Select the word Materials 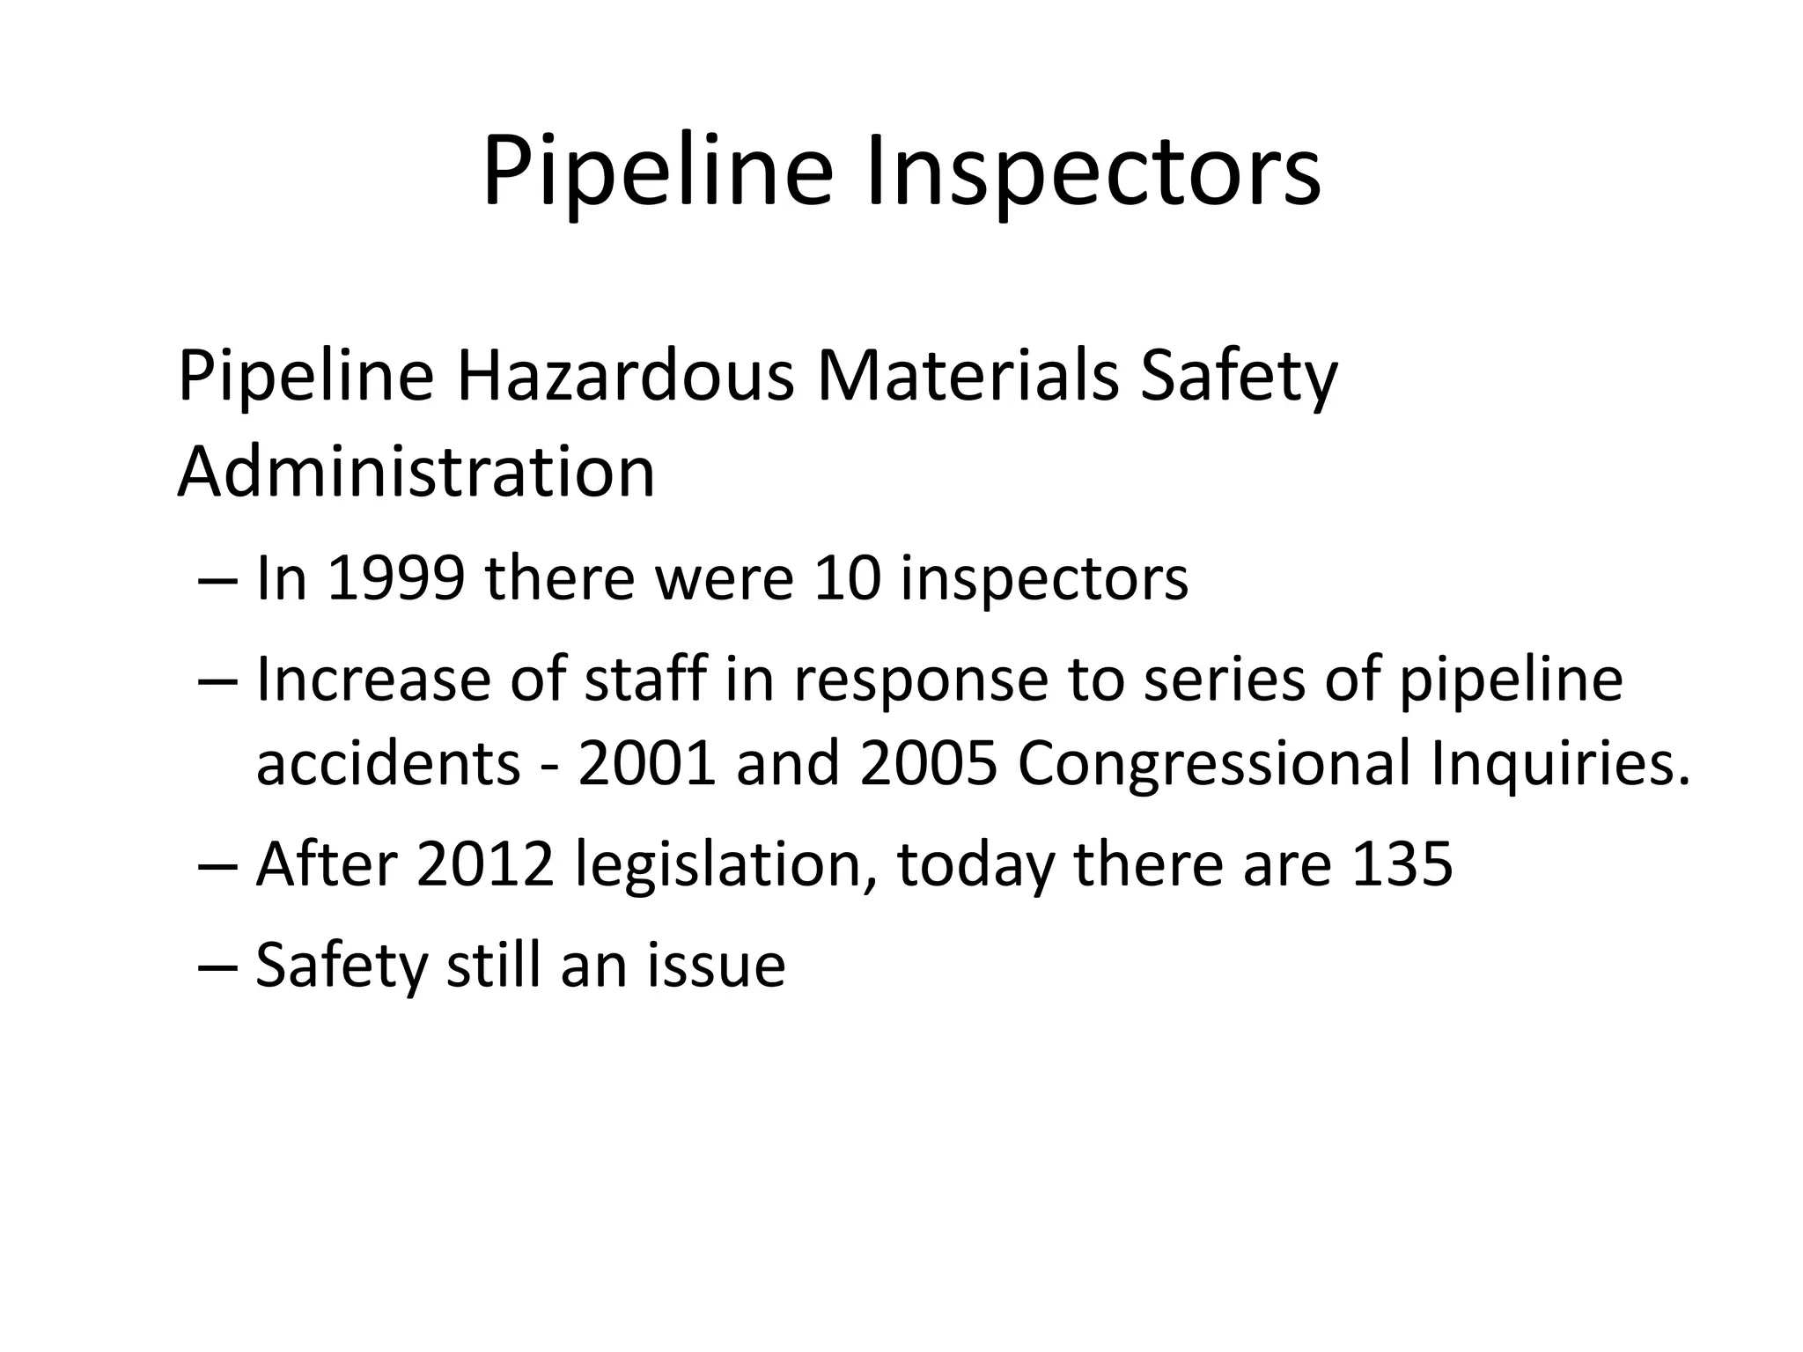tap(968, 377)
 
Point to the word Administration tap(416, 473)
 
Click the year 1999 tap(395, 579)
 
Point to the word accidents tap(388, 763)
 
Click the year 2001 tap(647, 763)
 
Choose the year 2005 tap(929, 763)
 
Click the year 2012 tap(485, 864)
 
